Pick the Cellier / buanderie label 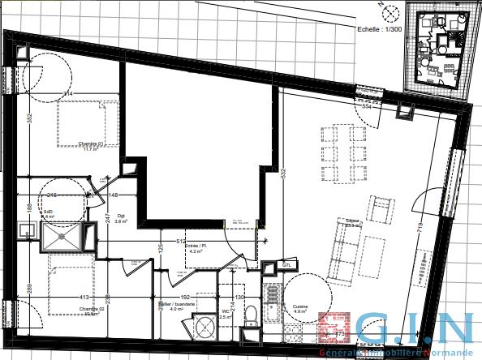172,306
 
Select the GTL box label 286,264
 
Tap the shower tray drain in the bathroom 62,237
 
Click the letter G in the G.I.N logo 378,332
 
